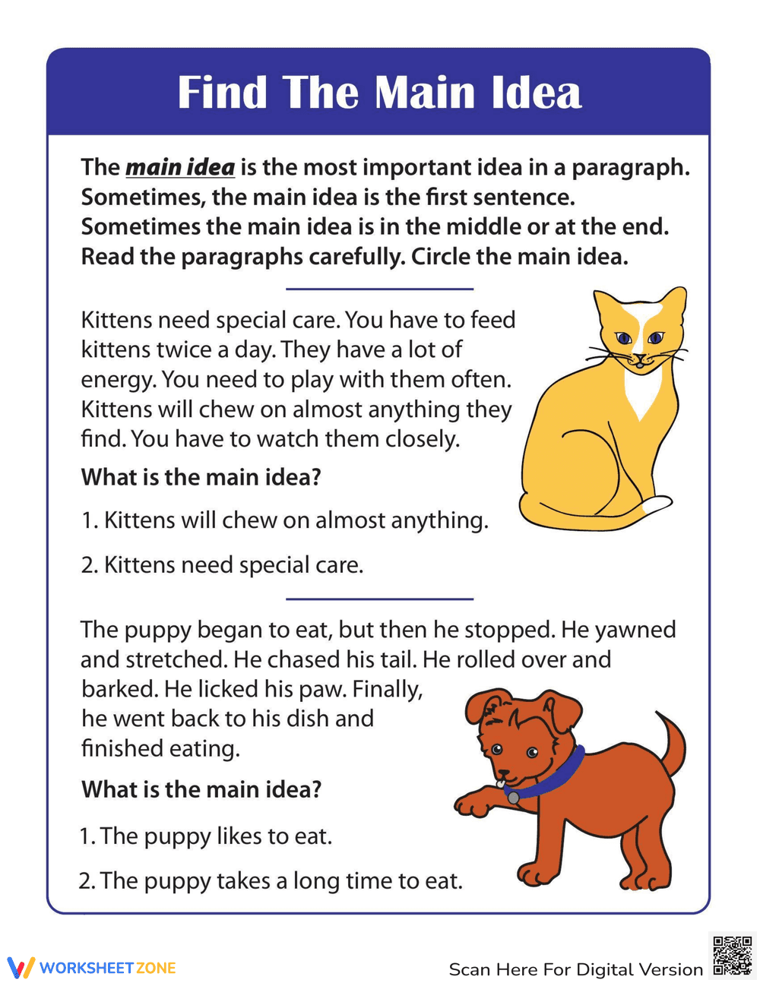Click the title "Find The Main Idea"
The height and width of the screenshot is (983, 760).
click(x=379, y=93)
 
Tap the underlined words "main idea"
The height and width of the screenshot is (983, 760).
click(x=180, y=167)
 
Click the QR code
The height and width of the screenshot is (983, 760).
click(x=732, y=955)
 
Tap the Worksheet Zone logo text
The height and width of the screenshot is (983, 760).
click(x=107, y=968)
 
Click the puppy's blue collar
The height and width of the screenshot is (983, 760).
click(x=555, y=776)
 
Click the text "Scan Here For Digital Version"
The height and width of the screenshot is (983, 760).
click(x=575, y=969)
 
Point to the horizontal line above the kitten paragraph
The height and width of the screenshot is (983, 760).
click(x=379, y=289)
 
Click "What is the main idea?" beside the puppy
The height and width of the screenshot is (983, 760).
click(x=201, y=789)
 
